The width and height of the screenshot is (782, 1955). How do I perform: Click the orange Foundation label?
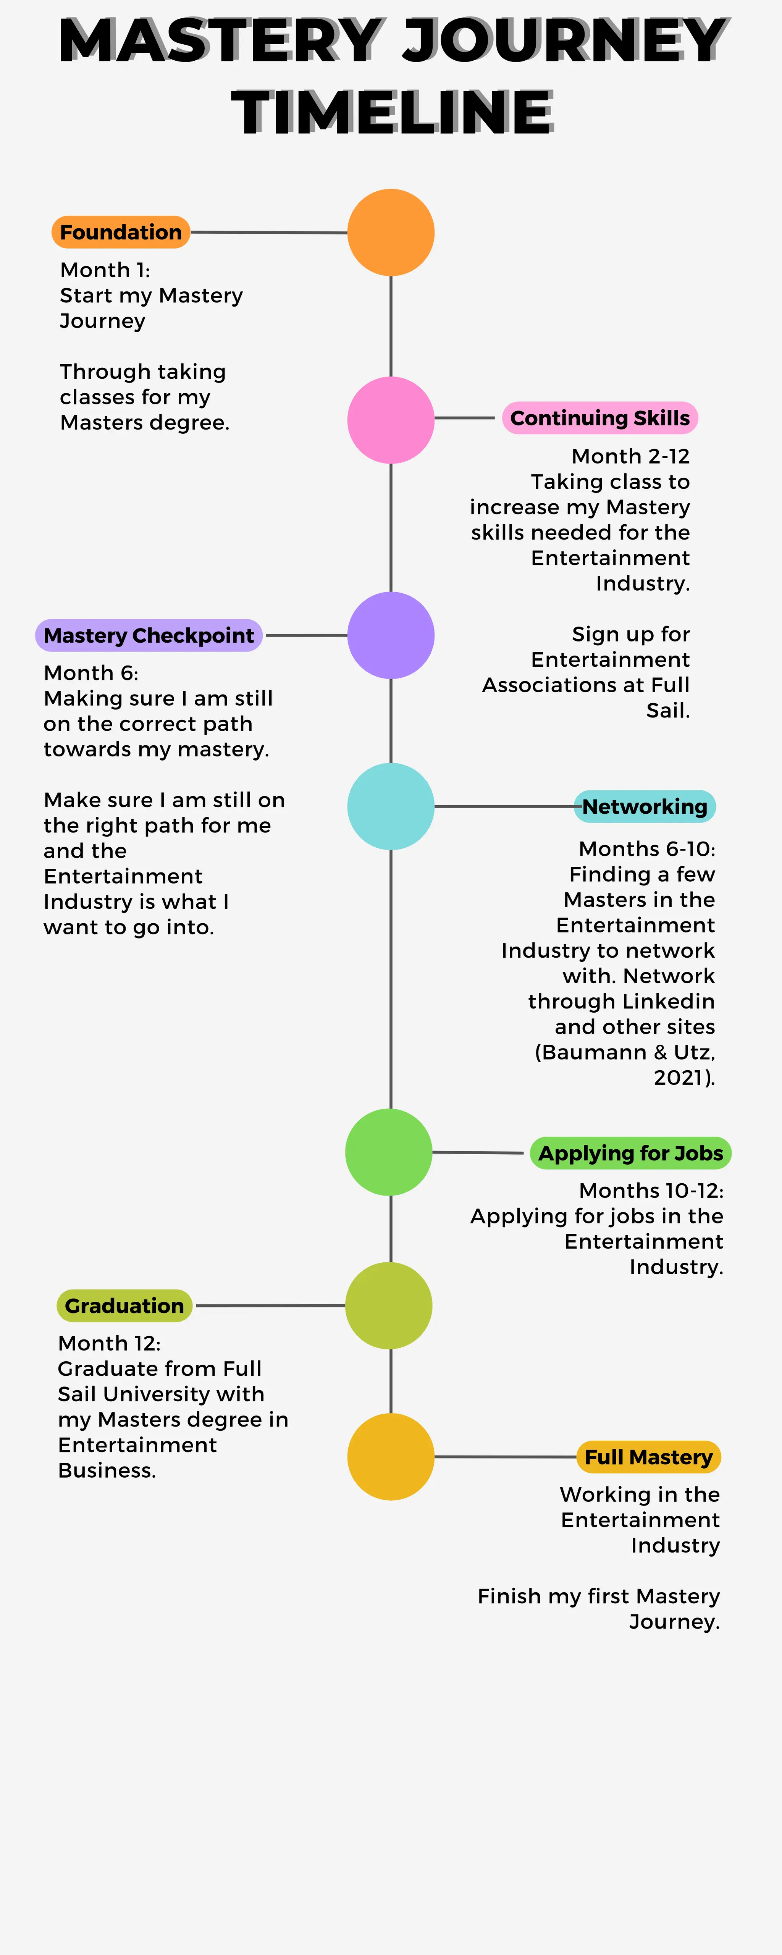(x=121, y=232)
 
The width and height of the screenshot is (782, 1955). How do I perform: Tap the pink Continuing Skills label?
(x=600, y=418)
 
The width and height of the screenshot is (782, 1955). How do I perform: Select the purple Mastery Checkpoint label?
(x=149, y=635)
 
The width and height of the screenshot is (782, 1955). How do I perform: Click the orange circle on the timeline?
(x=391, y=232)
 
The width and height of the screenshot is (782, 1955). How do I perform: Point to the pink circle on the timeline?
(x=391, y=420)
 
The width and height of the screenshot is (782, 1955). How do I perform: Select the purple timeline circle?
(x=391, y=635)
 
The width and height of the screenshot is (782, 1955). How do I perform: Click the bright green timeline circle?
(x=389, y=1152)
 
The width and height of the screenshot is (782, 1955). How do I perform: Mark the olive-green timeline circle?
(x=389, y=1305)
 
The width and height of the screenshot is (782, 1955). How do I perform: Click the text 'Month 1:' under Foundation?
(x=105, y=270)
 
